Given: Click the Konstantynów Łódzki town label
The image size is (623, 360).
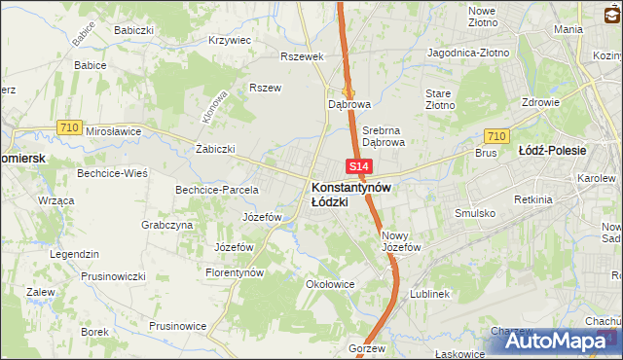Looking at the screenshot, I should point(351,194).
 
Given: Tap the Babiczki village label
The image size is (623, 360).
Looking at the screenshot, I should point(135,30).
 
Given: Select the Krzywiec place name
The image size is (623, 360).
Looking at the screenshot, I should point(230,41).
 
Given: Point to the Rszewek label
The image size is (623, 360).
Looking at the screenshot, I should point(301,56).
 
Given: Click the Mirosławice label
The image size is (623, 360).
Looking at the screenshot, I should point(114,130).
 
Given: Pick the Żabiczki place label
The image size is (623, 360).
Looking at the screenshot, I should point(216,150).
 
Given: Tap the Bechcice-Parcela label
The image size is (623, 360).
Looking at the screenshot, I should point(216,190).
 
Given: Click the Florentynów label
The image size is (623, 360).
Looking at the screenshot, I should point(236,273).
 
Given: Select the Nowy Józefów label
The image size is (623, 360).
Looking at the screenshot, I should point(400,241).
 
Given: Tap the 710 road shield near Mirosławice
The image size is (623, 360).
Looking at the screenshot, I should point(68,126).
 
